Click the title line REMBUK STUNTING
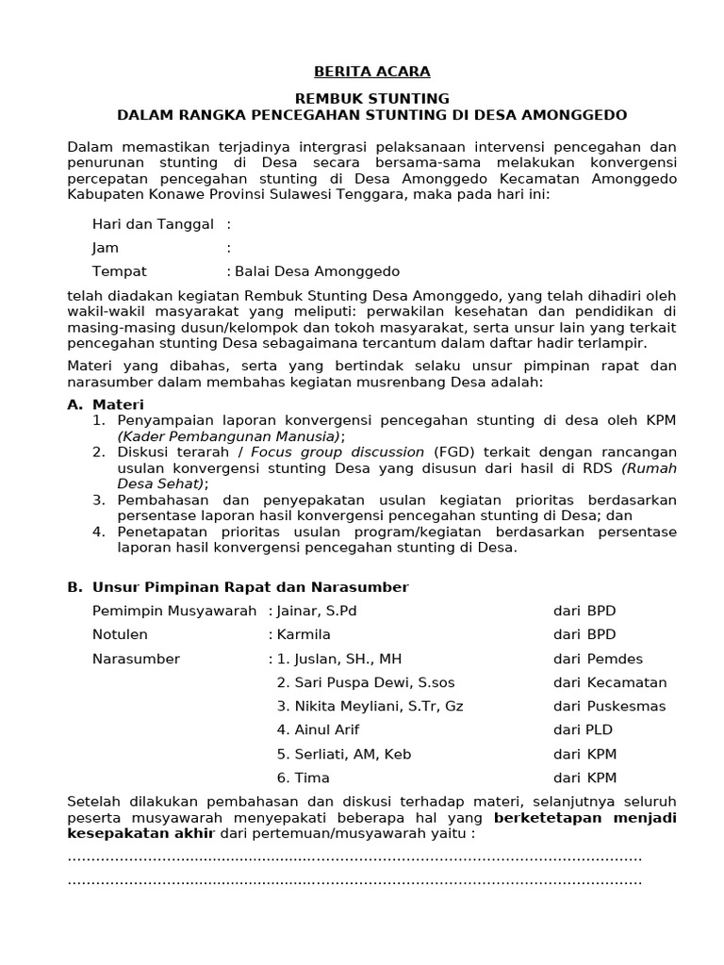(x=371, y=98)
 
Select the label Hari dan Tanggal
(x=153, y=224)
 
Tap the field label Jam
(x=106, y=248)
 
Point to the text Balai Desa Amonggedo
(x=318, y=271)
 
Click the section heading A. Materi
(x=105, y=404)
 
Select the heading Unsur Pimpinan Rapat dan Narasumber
(x=250, y=587)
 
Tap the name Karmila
(x=304, y=635)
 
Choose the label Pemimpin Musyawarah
(x=174, y=611)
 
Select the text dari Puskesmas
(x=609, y=706)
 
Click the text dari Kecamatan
(x=609, y=682)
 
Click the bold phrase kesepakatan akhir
(x=140, y=834)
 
